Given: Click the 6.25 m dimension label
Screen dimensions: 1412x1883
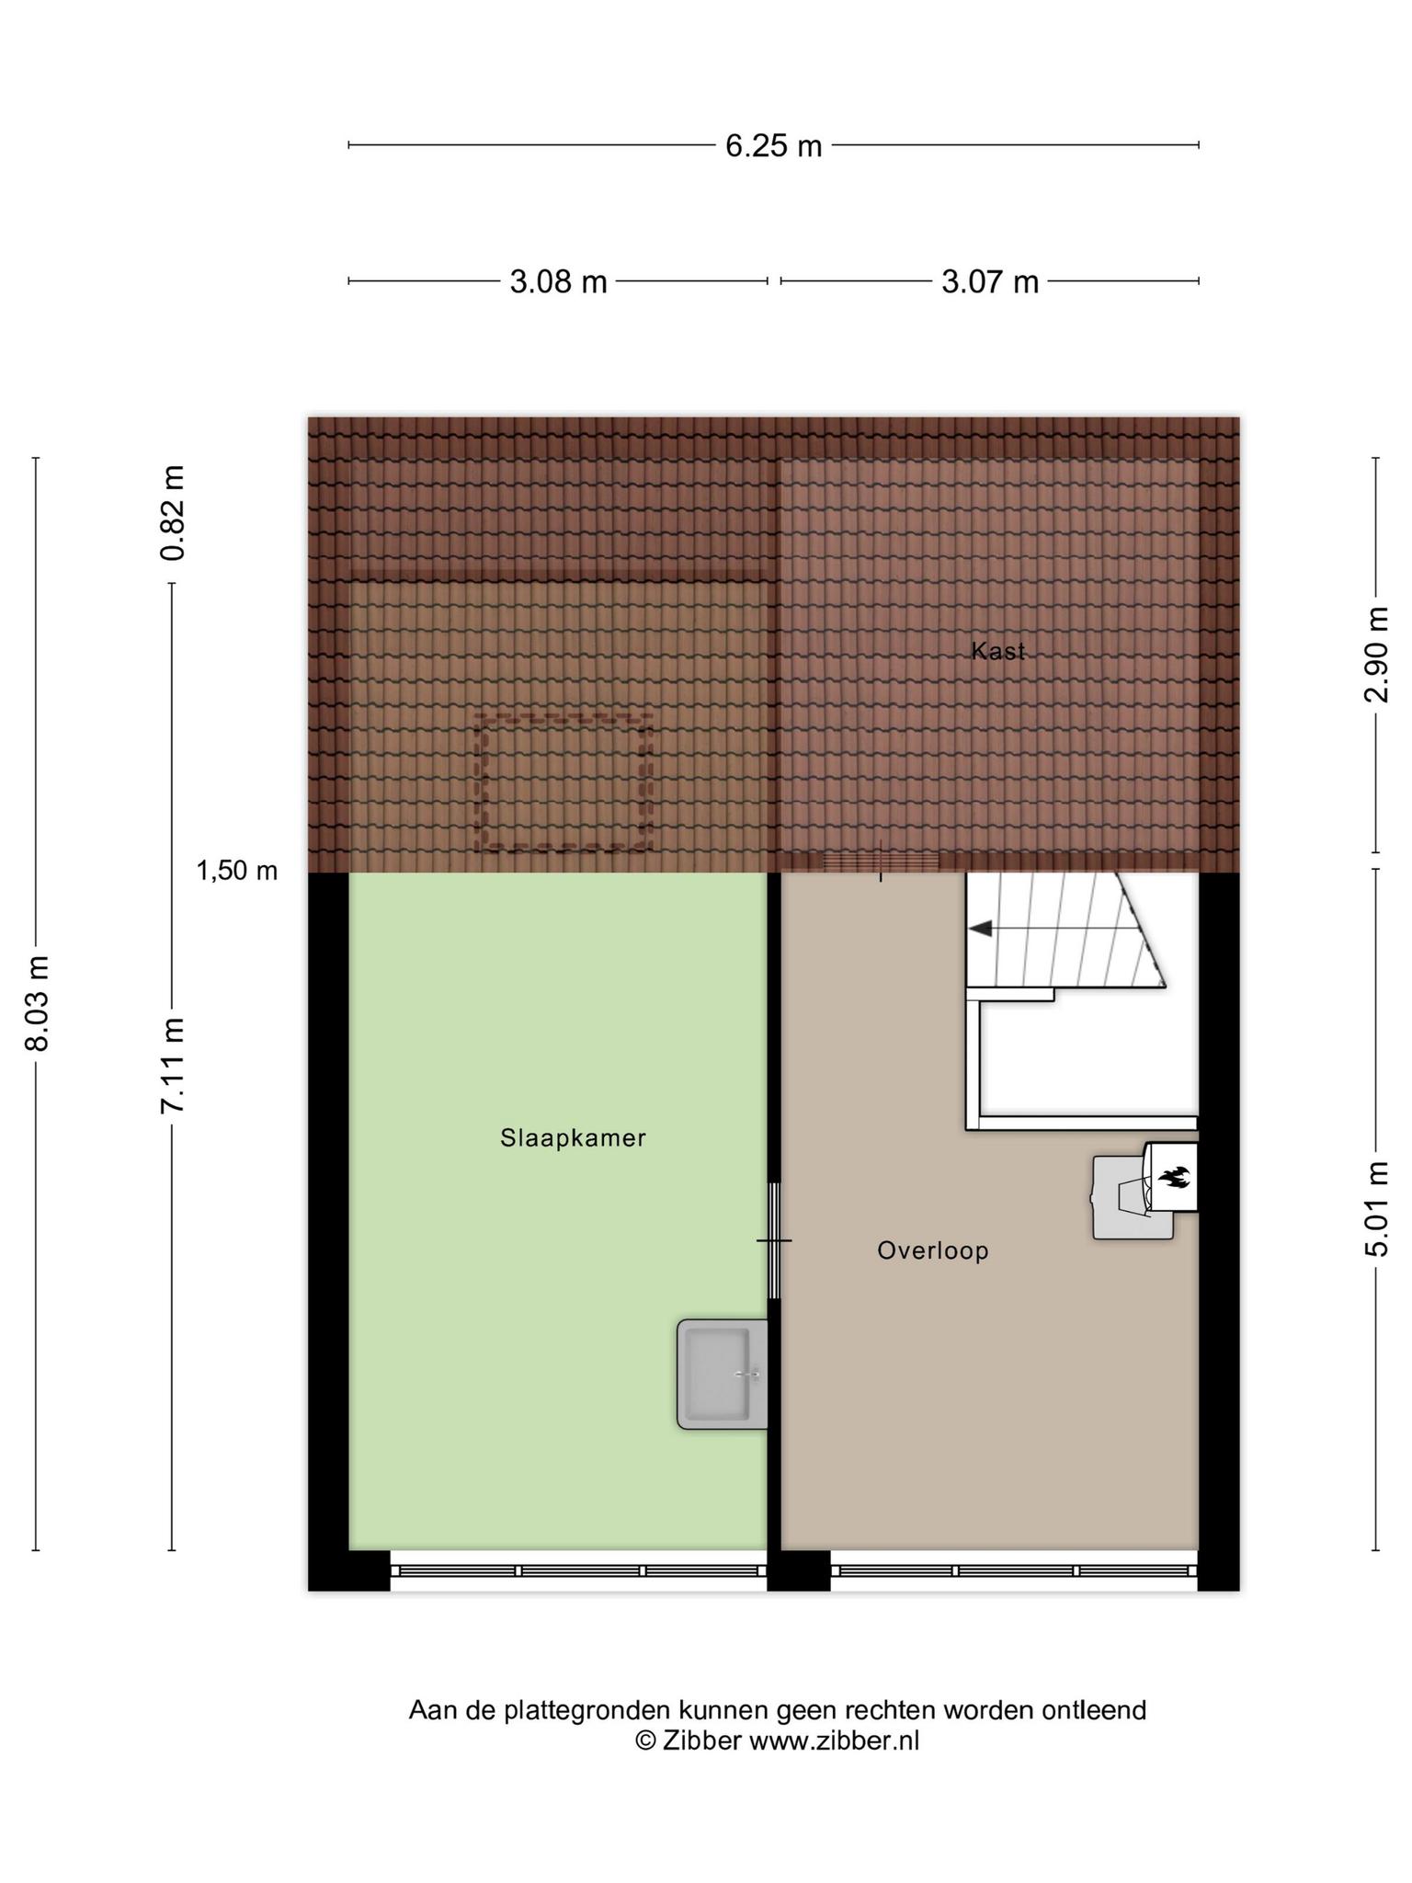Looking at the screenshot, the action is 773,146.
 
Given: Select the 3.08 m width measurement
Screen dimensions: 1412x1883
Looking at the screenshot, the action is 558,281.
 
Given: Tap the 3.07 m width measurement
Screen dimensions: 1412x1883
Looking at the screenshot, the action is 990,281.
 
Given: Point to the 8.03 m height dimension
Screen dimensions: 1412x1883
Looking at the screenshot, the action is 38,1003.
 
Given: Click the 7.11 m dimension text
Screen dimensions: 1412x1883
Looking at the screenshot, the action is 173,1066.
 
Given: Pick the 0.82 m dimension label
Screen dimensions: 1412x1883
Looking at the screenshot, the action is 173,513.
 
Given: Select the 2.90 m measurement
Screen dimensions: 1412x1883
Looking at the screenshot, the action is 1376,655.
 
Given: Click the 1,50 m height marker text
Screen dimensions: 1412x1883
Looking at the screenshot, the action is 237,870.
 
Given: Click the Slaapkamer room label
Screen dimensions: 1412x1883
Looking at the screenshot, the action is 574,1138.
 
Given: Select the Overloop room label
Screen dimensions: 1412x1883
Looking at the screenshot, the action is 933,1250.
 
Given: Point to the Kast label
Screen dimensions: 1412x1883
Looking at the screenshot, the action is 998,651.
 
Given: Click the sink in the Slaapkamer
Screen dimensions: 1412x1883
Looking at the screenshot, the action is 723,1374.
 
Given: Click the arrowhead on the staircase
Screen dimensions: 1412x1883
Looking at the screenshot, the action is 981,929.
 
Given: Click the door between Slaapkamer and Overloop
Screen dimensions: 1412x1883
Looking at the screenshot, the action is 774,1240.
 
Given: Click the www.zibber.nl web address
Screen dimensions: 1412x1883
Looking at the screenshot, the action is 834,1740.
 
